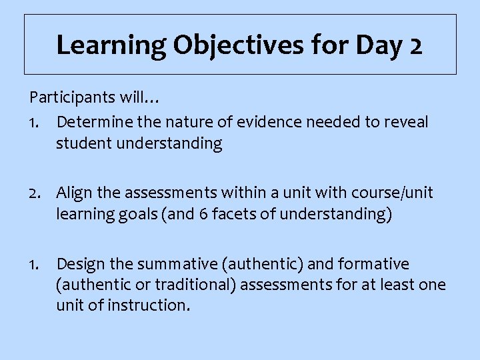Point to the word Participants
(73, 99)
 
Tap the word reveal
(406, 123)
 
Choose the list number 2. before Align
(37, 193)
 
